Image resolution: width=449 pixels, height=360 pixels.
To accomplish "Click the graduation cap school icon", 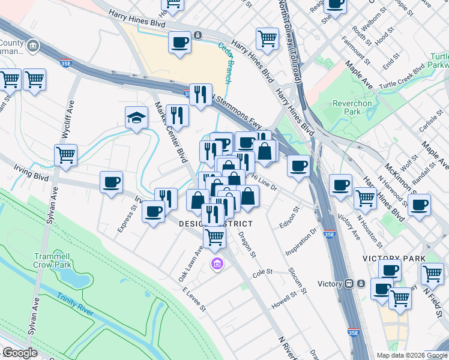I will [x=136, y=118].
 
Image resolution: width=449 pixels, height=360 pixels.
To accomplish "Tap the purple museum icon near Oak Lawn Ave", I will [x=217, y=263].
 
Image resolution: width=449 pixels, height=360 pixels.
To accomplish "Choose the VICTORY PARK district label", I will [x=394, y=259].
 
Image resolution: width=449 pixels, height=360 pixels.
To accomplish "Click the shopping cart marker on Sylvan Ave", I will [x=65, y=155].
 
